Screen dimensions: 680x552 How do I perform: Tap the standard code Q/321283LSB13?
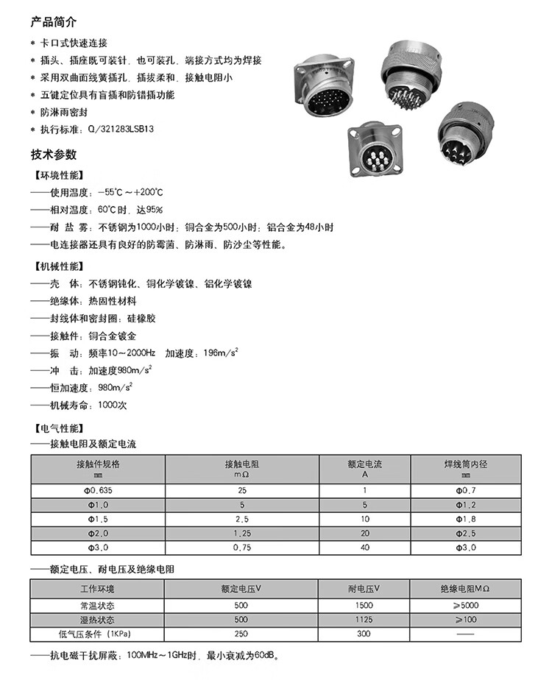tap(121, 129)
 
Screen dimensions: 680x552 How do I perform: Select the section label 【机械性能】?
tap(60, 266)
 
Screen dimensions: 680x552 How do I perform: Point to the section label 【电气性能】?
tap(60, 428)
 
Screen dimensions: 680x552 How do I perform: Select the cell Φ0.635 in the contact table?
tap(97, 490)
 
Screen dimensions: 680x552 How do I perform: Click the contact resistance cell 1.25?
tap(241, 533)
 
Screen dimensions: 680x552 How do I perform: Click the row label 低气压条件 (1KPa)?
tap(97, 634)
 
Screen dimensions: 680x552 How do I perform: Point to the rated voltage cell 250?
tap(241, 634)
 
